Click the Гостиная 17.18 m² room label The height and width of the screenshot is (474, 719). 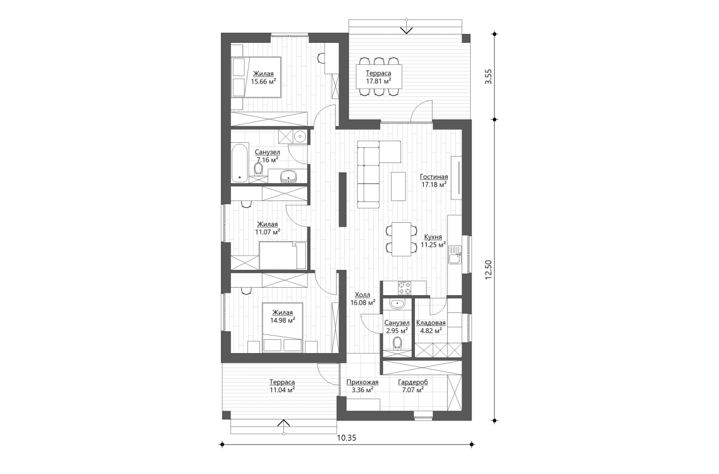point(434,181)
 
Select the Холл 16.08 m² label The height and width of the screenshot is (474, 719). point(363,298)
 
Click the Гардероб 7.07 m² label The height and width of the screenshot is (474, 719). point(413,385)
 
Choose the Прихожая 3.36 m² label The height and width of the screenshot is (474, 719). point(362,385)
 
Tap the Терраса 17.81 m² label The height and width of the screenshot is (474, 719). point(378,77)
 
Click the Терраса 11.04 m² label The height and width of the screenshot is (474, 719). point(282,385)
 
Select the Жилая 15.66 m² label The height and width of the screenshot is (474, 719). point(264,77)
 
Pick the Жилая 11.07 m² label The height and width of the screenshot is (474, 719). point(267,227)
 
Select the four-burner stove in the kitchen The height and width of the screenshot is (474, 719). point(404,288)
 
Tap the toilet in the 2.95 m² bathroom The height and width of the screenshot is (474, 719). point(397,344)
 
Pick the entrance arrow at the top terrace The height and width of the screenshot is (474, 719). point(407,28)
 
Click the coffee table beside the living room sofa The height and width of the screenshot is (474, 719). point(397,186)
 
